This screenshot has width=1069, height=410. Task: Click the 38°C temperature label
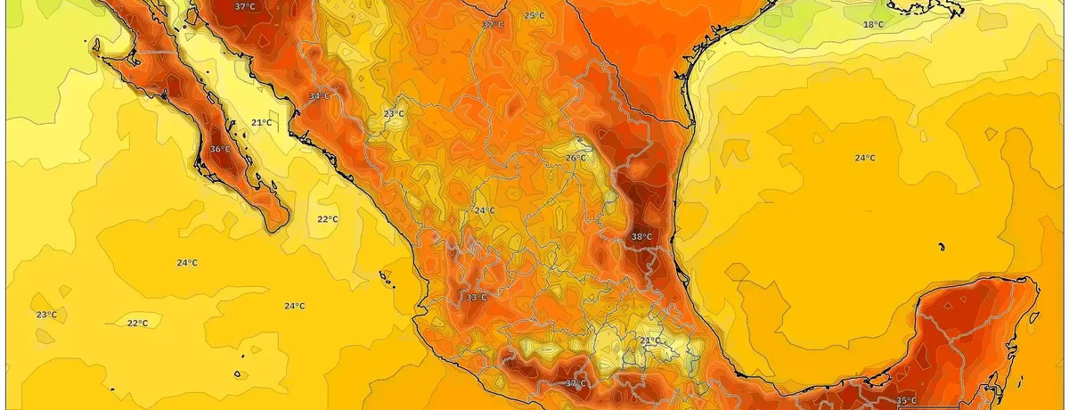[x=641, y=237]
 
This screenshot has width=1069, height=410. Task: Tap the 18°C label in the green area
[x=873, y=25]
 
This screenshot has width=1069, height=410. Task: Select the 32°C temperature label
[x=493, y=25]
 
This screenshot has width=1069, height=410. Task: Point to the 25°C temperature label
[x=534, y=16]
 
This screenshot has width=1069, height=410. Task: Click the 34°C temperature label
[x=319, y=96]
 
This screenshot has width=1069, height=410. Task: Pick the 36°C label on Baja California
[x=220, y=149]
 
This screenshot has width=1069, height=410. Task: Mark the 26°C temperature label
[x=575, y=158]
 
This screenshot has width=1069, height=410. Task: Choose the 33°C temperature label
[x=477, y=297]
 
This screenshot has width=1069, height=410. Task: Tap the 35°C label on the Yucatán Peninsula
[x=906, y=400]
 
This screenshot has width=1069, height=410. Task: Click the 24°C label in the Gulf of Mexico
[x=864, y=158]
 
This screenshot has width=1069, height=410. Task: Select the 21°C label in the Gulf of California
[x=260, y=122]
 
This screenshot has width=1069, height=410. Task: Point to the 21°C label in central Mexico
[x=650, y=340]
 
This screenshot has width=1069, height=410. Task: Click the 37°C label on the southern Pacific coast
[x=576, y=383]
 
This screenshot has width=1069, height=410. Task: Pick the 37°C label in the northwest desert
[x=244, y=6]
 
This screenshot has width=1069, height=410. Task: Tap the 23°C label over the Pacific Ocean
[x=46, y=315]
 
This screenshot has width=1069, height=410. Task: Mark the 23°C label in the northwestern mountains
[x=394, y=114]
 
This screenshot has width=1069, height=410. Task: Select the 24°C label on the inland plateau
[x=484, y=210]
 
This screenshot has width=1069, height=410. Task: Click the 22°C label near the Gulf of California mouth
[x=327, y=219]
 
